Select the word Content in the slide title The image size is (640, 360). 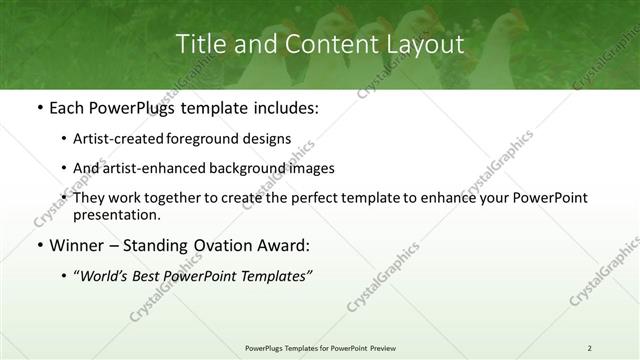(318, 45)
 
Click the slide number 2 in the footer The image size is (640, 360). (589, 347)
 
